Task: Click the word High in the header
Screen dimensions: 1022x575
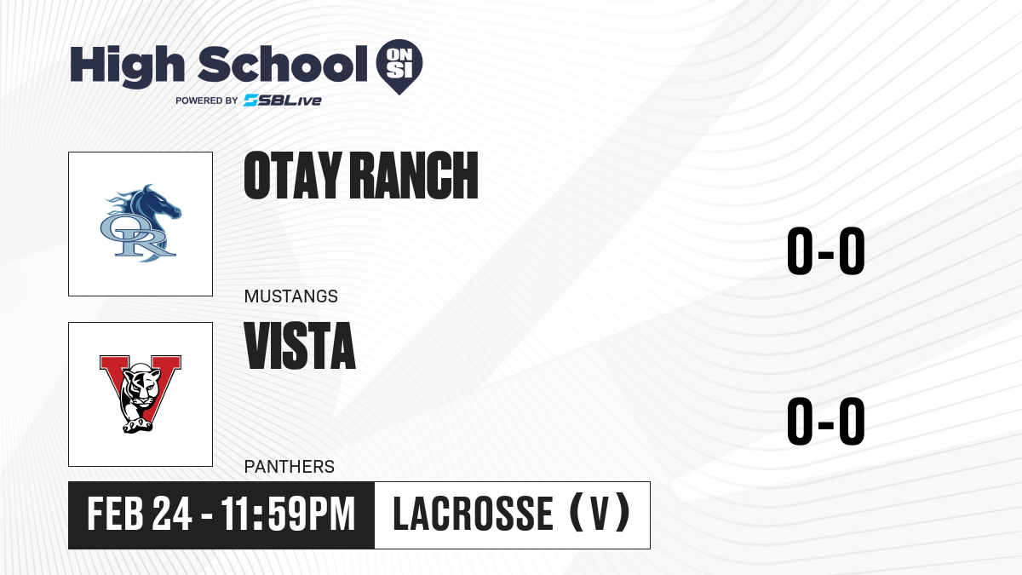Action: click(127, 66)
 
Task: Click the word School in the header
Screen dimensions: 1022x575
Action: click(283, 63)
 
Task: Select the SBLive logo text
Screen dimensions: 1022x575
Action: click(283, 101)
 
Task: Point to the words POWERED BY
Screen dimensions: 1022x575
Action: click(207, 101)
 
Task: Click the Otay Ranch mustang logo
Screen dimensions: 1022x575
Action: click(141, 223)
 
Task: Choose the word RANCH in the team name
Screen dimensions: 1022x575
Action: click(414, 175)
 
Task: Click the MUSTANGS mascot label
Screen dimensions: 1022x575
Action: click(291, 296)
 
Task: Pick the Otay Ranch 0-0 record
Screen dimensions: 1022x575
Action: click(826, 250)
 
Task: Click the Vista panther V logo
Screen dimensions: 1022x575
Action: click(141, 394)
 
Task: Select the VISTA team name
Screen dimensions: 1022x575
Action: click(300, 346)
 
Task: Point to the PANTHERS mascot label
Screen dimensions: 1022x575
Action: click(290, 467)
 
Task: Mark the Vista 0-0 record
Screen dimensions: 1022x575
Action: click(826, 421)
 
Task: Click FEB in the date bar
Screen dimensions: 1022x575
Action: click(116, 514)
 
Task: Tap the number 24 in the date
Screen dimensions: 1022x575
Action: click(172, 514)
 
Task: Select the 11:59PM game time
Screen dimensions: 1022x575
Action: click(289, 514)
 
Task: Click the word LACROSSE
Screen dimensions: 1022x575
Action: click(474, 514)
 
